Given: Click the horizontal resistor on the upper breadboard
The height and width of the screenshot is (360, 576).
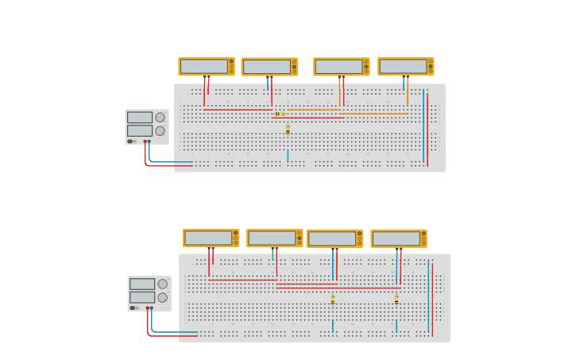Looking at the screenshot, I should [279, 114].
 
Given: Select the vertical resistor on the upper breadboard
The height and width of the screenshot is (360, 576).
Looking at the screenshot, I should [288, 130].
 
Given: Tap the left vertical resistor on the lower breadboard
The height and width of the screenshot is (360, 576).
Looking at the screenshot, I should [332, 300].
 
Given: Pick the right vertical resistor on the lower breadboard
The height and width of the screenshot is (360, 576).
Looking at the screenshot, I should [396, 300].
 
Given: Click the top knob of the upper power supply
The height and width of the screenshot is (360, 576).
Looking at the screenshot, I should [160, 118].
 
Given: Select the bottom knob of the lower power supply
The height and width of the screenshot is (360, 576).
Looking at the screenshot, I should [162, 297].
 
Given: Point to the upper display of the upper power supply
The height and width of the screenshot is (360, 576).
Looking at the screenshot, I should [139, 118].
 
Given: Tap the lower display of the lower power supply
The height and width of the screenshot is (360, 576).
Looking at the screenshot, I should [141, 297].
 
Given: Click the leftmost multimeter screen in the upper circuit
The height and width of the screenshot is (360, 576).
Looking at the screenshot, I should [203, 67].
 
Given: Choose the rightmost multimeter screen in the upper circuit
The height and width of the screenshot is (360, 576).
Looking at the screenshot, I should [403, 67].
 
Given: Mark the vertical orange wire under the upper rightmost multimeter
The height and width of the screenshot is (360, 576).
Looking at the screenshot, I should [408, 94].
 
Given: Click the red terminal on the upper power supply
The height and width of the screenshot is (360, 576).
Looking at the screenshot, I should [145, 141].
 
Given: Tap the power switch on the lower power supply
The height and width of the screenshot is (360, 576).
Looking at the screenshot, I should [133, 308].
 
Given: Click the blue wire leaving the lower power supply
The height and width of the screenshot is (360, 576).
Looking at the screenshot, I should [171, 331].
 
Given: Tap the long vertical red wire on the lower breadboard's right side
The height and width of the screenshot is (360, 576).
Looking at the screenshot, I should [432, 298].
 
